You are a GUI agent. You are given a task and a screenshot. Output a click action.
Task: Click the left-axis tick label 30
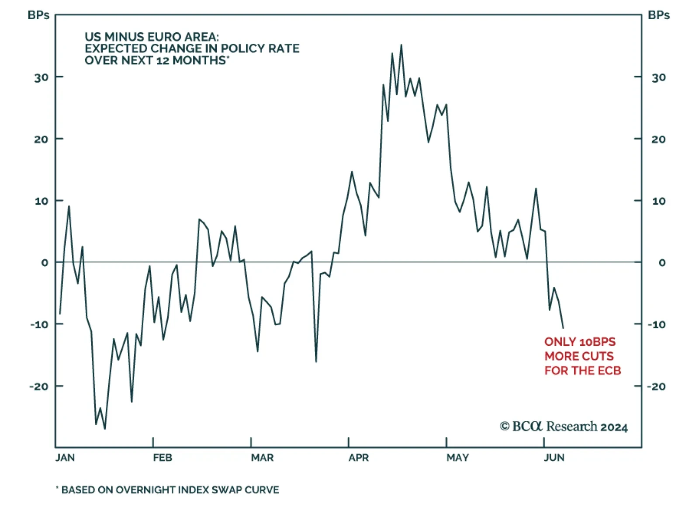coord(42,78)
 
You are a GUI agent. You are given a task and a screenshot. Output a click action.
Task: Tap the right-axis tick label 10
coord(659,201)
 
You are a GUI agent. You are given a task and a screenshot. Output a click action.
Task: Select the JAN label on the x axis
coord(65,458)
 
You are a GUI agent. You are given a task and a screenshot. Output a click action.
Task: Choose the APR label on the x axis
coord(359,458)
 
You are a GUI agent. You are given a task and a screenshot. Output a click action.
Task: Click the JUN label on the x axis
coord(554,458)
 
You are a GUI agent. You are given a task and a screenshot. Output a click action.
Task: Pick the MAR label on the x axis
coord(262,458)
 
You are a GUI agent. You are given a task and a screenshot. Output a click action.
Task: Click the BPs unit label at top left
coord(38,15)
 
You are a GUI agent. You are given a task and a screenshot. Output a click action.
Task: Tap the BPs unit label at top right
coord(659,15)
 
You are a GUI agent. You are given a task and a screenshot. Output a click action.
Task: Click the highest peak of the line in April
coord(401,45)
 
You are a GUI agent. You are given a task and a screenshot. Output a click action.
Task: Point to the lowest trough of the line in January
coord(105,428)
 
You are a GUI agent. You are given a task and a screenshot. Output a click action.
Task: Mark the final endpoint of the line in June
coord(563,328)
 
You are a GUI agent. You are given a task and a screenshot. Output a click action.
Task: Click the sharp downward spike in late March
coord(316,361)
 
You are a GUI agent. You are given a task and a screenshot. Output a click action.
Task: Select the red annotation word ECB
coord(609,371)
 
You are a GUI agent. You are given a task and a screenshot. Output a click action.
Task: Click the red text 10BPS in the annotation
coord(597,342)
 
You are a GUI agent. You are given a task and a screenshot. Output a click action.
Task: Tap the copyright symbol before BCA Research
coord(505,426)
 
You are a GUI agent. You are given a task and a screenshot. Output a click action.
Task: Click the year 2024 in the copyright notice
coord(614,427)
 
